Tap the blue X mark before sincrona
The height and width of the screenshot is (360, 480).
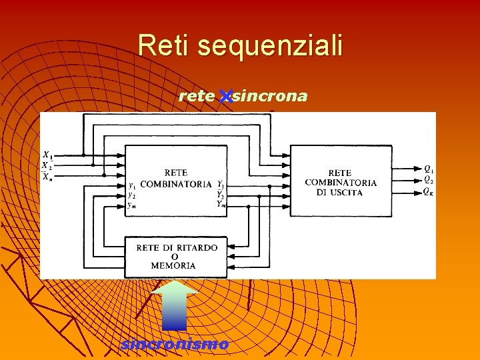pyautogui.click(x=225, y=97)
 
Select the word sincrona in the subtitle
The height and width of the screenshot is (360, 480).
pyautogui.click(x=271, y=97)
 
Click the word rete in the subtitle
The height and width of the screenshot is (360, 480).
pyautogui.click(x=197, y=97)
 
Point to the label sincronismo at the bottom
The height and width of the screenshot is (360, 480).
pyautogui.click(x=175, y=345)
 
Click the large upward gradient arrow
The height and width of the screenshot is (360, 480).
pyautogui.click(x=174, y=305)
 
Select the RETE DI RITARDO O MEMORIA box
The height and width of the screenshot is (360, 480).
pyautogui.click(x=176, y=257)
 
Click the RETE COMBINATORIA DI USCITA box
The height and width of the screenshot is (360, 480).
pyautogui.click(x=341, y=181)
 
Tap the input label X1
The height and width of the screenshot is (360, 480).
pyautogui.click(x=47, y=155)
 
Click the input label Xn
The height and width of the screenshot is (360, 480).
pyautogui.click(x=46, y=176)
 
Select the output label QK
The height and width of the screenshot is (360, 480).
pyautogui.click(x=429, y=192)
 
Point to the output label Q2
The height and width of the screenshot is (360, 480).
pyautogui.click(x=429, y=179)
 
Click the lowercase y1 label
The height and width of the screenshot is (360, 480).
pyautogui.click(x=132, y=185)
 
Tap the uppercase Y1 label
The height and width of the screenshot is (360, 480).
pyautogui.click(x=220, y=183)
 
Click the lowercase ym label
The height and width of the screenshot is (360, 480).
pyautogui.click(x=132, y=205)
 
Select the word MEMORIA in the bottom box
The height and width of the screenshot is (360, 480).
pyautogui.click(x=173, y=265)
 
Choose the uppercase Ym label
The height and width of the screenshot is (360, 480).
pyautogui.click(x=221, y=204)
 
